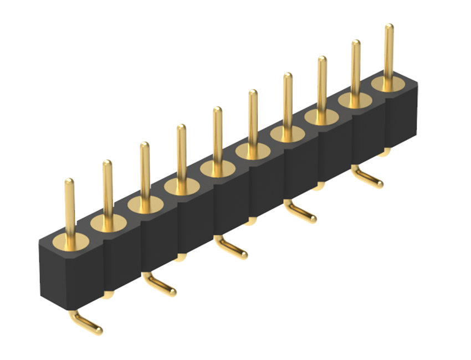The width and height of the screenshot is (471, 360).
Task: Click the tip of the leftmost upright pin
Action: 69,182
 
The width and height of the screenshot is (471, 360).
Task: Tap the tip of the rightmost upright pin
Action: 389,27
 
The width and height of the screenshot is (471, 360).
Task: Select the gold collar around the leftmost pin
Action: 70,242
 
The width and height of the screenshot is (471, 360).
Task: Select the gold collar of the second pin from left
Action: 108,223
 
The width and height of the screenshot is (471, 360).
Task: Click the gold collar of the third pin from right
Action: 322,116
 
